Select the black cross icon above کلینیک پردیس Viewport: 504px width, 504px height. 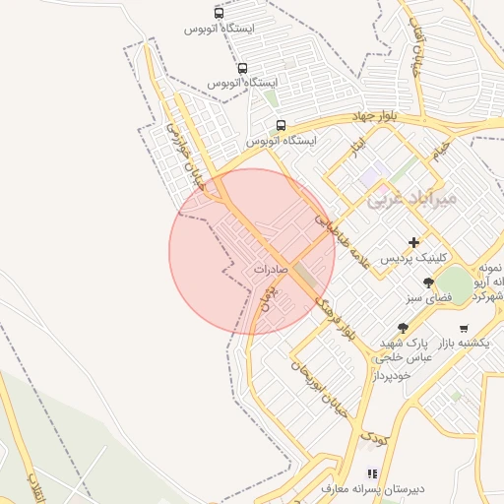click(413, 242)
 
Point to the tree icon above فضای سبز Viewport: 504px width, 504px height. click(426, 283)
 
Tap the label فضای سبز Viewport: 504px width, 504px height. click(426, 296)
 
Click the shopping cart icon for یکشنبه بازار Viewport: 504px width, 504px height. click(464, 329)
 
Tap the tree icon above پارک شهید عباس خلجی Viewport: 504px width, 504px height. click(402, 328)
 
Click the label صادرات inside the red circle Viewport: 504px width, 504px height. click(270, 268)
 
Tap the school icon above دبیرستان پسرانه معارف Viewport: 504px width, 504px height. click(371, 473)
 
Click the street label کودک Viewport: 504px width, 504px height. click(374, 433)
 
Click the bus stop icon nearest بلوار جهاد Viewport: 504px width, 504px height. click(281, 126)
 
